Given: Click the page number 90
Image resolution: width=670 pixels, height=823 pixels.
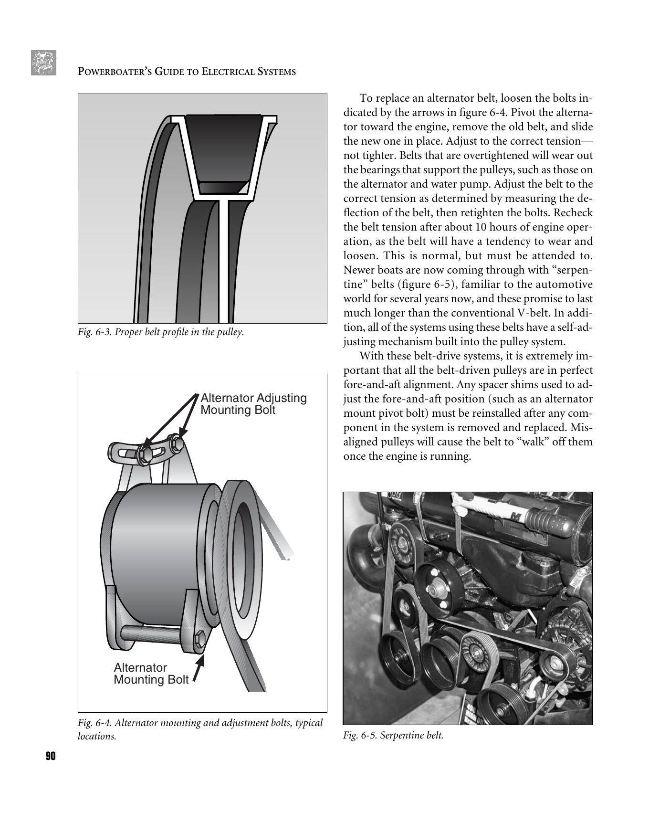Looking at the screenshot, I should pos(51,756).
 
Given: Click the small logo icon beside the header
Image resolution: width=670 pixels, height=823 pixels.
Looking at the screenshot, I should pos(43,63).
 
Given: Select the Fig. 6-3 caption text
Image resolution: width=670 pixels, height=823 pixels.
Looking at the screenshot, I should pos(161,332).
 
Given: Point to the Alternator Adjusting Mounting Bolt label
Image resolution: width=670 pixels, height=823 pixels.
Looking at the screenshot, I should pos(253,404).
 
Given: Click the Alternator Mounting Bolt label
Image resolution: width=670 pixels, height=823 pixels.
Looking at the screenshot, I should pos(151,674).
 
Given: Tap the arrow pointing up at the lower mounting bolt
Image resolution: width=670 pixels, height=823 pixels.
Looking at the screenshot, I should pos(199,668).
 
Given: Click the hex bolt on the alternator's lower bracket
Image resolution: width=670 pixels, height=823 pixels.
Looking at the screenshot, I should pos(200,638).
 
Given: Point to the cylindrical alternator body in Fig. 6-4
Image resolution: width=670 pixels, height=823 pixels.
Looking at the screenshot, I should pos(157,549).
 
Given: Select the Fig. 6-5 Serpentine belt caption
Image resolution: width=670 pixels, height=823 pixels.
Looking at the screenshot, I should pos(393,735).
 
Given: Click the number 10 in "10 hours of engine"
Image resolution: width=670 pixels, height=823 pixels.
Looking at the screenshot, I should pos(483,227).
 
